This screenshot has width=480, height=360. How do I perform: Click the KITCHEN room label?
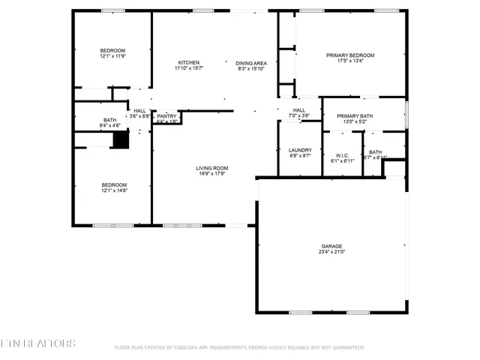click(x=188, y=62)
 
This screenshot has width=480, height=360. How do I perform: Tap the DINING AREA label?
click(x=251, y=63)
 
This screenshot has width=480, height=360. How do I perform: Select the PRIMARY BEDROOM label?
click(x=349, y=55)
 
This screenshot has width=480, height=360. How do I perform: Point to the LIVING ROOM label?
click(x=213, y=168)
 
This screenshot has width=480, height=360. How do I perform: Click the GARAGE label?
click(x=331, y=246)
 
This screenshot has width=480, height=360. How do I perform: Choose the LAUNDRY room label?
click(x=299, y=150)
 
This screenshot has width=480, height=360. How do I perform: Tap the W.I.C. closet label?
click(x=342, y=155)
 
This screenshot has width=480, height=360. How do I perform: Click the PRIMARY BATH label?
click(x=354, y=115)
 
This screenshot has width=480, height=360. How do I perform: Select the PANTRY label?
click(x=166, y=116)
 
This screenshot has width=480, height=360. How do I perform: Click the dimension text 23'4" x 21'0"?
click(x=331, y=252)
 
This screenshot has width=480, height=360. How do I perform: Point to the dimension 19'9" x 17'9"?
click(x=213, y=174)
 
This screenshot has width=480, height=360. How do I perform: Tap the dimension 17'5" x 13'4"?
click(x=349, y=61)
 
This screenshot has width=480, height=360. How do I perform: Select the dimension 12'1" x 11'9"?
click(x=112, y=56)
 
